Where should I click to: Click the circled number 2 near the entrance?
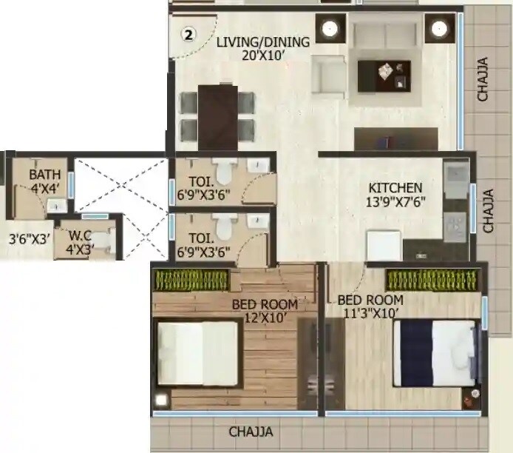click(x=188, y=33)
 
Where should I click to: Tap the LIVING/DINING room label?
click(x=262, y=41)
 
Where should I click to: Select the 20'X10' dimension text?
click(x=262, y=55)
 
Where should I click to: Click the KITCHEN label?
click(x=395, y=188)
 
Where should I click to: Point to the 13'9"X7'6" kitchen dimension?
click(x=395, y=201)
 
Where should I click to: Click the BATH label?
click(x=41, y=175)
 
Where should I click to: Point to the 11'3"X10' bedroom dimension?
click(x=370, y=313)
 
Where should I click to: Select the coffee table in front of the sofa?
click(x=384, y=75)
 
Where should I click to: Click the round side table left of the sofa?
click(x=330, y=30)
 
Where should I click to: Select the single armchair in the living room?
click(x=329, y=74)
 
